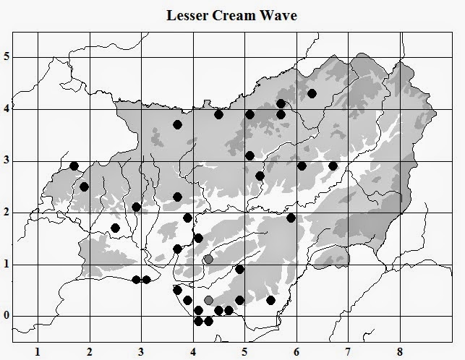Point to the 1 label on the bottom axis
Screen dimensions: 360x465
pos(38,352)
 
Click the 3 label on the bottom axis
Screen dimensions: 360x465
pos(141,352)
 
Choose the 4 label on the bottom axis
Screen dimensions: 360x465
pos(193,352)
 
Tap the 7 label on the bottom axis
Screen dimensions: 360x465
pos(348,352)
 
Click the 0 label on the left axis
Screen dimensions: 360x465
pos(7,316)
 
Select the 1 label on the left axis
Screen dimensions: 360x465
pos(7,264)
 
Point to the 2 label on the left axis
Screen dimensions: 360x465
pos(7,212)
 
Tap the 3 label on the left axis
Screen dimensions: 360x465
pos(7,160)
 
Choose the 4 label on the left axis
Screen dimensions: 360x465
pos(7,108)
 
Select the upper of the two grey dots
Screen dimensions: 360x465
pos(208,259)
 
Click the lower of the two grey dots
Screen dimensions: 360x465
pos(209,300)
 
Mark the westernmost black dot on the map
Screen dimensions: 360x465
pos(74,166)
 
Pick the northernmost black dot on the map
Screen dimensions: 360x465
pos(312,93)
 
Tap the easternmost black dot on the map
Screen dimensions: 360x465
pos(333,166)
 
